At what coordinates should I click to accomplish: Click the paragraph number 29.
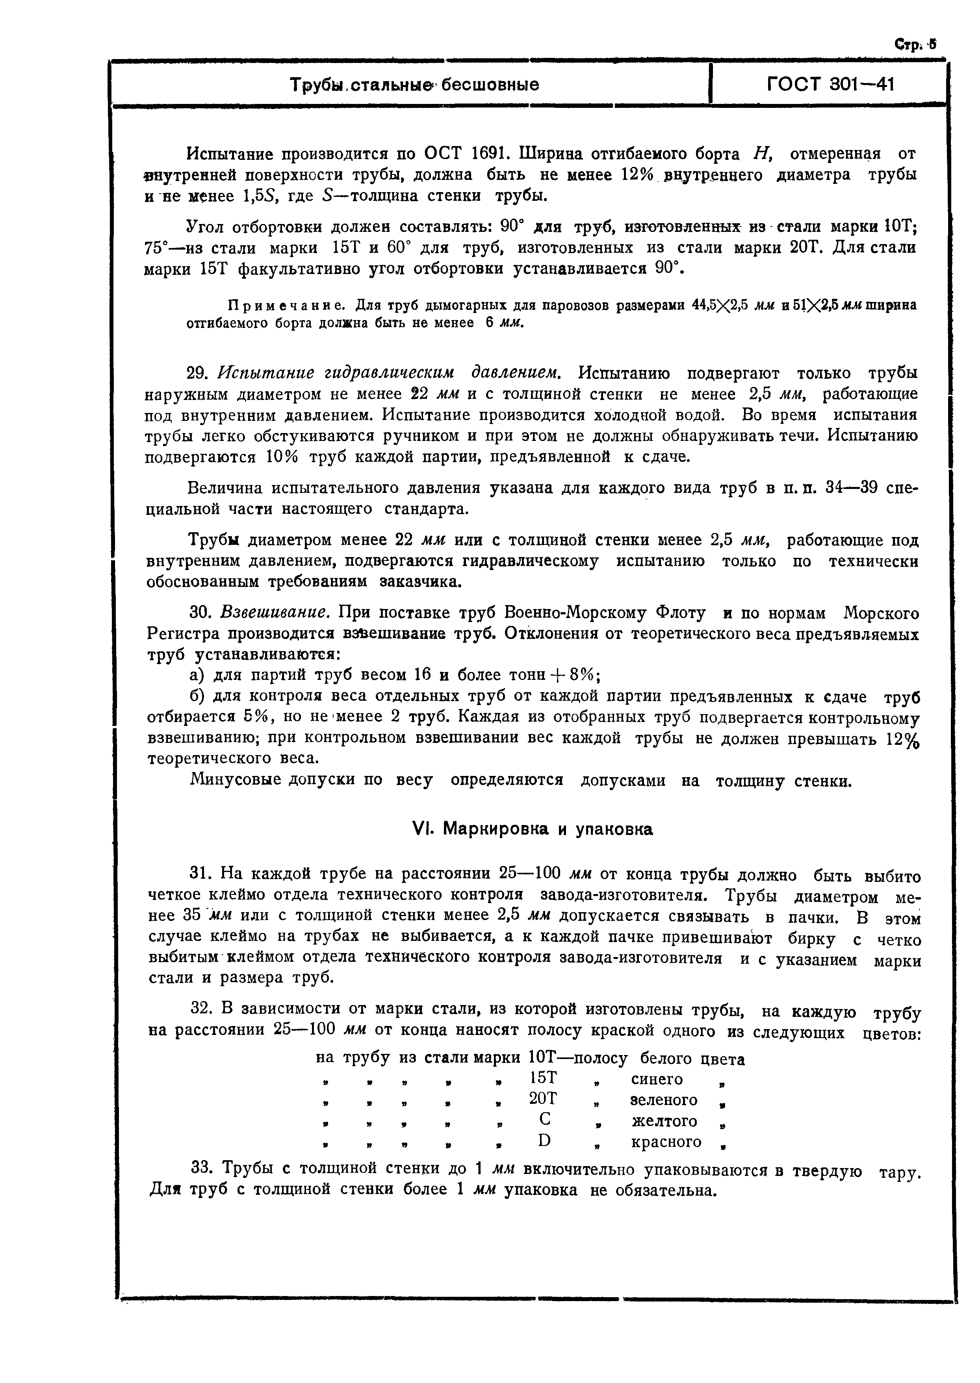(x=199, y=373)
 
